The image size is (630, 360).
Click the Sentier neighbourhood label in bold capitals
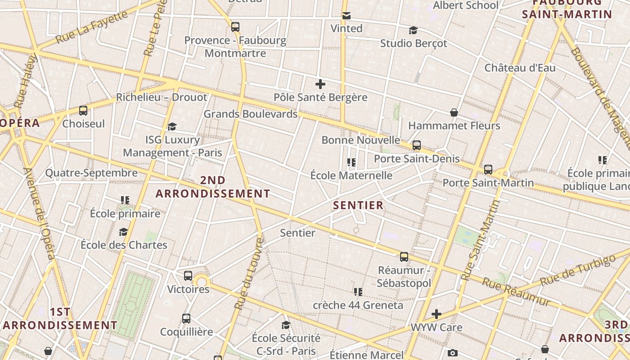(x=358, y=205)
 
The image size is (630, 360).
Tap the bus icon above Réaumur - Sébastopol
(x=404, y=257)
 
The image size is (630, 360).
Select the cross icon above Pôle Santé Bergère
(x=320, y=84)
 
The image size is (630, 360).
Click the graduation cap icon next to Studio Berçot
(x=413, y=30)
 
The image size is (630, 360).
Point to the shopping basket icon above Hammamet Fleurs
(x=454, y=112)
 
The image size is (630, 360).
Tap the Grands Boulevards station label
(x=251, y=114)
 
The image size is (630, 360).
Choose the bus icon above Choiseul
(x=83, y=110)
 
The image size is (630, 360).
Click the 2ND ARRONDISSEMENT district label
(x=213, y=187)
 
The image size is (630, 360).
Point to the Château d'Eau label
(x=520, y=68)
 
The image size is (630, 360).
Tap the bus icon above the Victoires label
(x=188, y=275)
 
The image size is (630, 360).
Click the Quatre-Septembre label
(x=91, y=173)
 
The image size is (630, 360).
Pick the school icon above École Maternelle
(x=351, y=162)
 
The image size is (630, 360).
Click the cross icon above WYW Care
(x=436, y=314)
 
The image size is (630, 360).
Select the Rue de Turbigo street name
(x=577, y=270)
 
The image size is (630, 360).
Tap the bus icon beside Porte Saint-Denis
(x=417, y=145)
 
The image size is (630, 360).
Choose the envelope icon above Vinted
(x=346, y=16)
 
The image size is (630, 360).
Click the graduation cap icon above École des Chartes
(x=123, y=232)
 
